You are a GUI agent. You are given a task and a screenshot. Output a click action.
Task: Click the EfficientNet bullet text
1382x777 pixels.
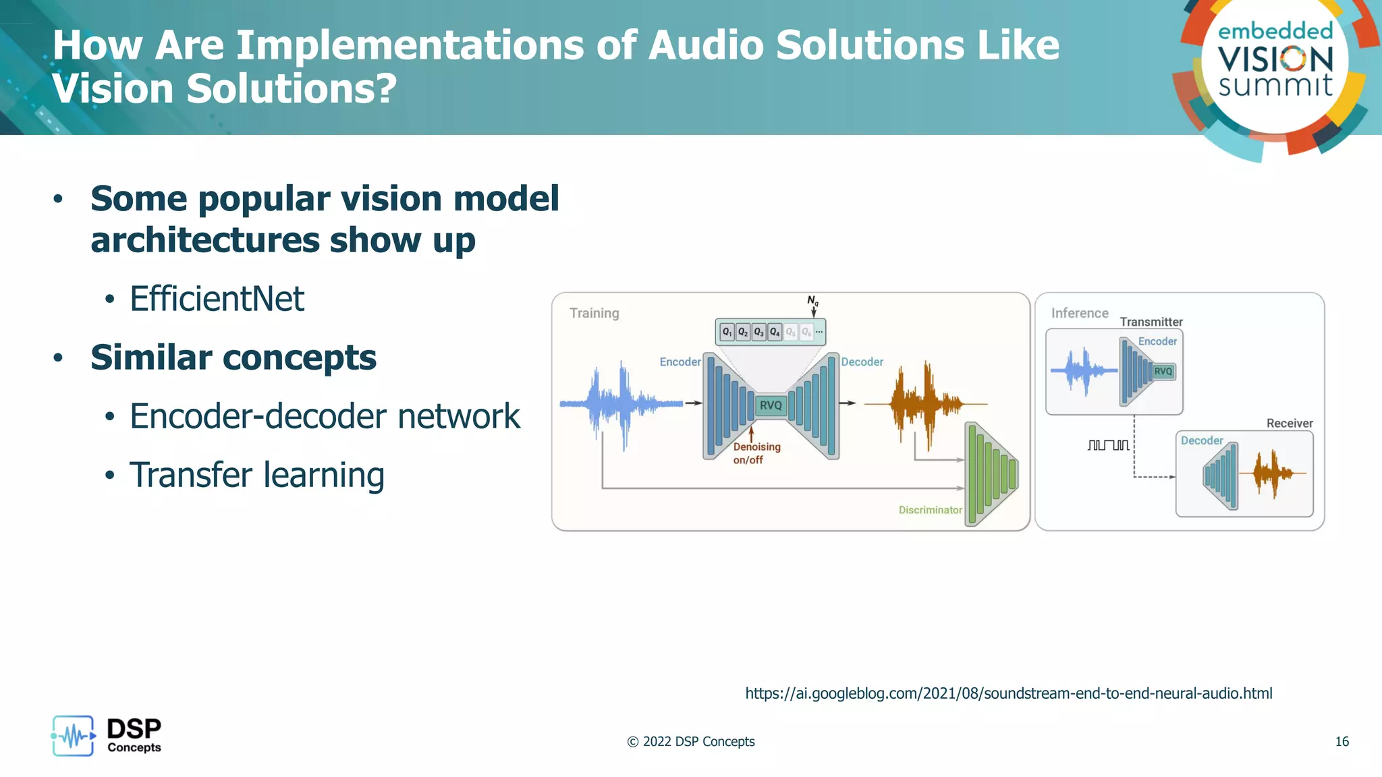pyautogui.click(x=217, y=299)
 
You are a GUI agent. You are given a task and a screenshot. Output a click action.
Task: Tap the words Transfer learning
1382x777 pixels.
pyautogui.click(x=256, y=475)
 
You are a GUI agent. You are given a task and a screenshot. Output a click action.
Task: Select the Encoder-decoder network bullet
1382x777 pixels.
pyautogui.click(x=325, y=416)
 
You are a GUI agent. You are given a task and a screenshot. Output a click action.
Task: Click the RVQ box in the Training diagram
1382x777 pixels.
pyautogui.click(x=771, y=405)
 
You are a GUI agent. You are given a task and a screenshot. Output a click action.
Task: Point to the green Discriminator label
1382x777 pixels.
pyautogui.click(x=930, y=510)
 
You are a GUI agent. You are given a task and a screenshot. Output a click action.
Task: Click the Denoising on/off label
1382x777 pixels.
pyautogui.click(x=756, y=453)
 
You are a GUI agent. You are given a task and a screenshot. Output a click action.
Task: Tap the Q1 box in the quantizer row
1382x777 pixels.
pyautogui.click(x=727, y=332)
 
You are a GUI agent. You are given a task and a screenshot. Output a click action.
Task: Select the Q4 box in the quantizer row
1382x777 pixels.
pyautogui.click(x=775, y=332)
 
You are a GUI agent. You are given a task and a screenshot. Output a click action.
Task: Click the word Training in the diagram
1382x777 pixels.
pyautogui.click(x=594, y=313)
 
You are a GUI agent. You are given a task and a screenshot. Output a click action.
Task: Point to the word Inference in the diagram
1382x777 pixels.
pyautogui.click(x=1080, y=313)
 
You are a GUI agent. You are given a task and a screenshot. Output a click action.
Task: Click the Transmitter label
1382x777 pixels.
pyautogui.click(x=1151, y=322)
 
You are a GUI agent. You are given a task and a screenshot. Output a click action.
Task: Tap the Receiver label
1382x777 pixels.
pyautogui.click(x=1290, y=423)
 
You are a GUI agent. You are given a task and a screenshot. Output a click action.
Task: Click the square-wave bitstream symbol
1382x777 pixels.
pyautogui.click(x=1108, y=445)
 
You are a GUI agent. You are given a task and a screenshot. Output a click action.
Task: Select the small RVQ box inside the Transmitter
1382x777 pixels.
pyautogui.click(x=1163, y=371)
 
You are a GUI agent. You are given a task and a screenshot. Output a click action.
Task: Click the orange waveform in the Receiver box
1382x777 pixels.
pyautogui.click(x=1273, y=473)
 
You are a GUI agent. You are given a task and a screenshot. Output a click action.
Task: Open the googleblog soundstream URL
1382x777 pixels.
pyautogui.click(x=1008, y=693)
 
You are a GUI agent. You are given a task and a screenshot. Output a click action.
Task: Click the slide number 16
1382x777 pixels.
pyautogui.click(x=1342, y=741)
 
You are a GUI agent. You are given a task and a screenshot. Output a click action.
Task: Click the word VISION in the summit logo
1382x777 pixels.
pyautogui.click(x=1275, y=59)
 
